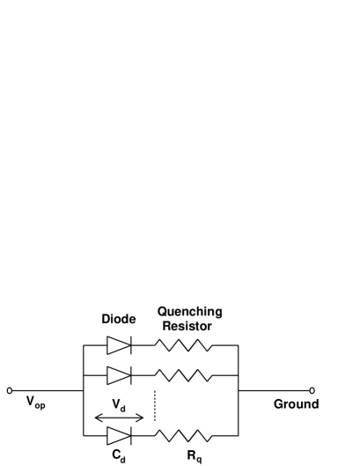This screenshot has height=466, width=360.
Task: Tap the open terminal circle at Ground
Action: [x=312, y=389]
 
